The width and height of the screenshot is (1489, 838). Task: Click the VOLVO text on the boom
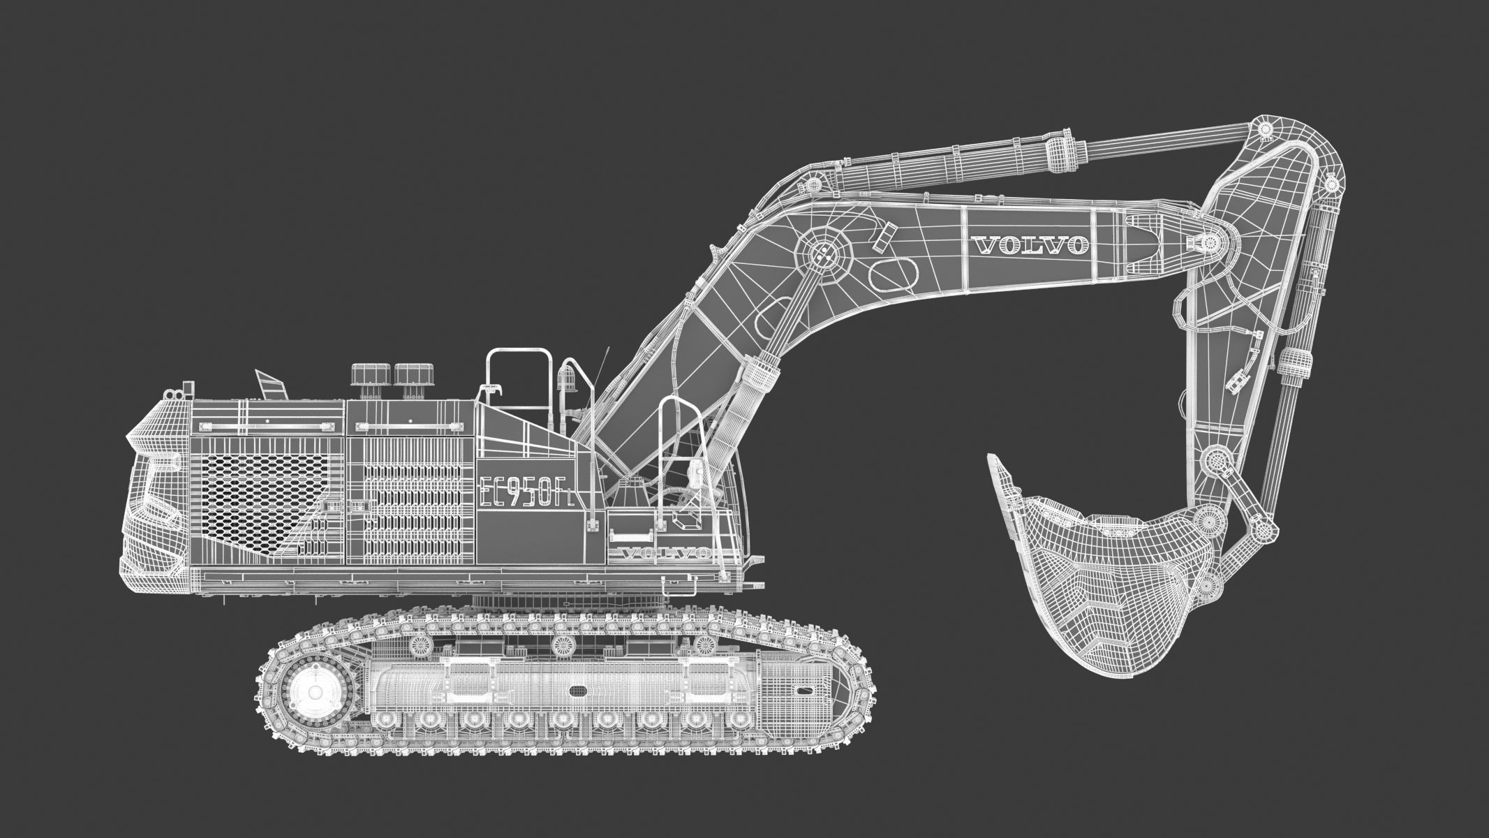1029,245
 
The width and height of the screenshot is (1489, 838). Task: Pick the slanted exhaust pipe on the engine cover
272,385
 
